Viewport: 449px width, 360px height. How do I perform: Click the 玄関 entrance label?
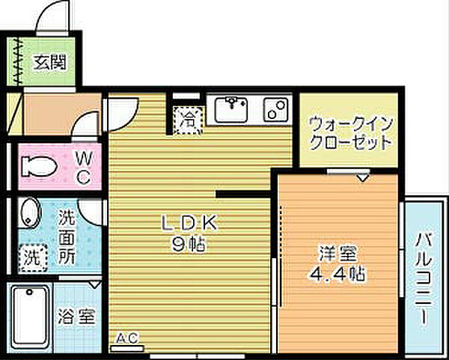tap(48, 62)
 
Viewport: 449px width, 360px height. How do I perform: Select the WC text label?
tap(84, 168)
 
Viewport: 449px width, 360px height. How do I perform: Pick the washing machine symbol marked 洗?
tap(31, 257)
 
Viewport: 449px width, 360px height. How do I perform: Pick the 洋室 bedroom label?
tap(335, 253)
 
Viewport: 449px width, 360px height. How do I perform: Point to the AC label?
tap(127, 339)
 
